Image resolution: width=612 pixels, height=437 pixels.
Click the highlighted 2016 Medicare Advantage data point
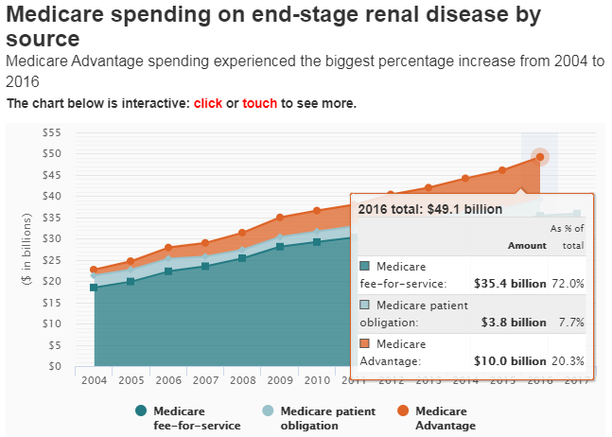point(539,157)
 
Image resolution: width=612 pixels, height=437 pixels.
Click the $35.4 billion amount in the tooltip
point(509,283)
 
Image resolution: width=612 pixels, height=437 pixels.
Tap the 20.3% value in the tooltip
point(568,360)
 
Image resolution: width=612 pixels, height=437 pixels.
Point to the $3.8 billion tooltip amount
point(514,322)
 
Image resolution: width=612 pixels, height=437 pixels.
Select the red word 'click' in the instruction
point(208,102)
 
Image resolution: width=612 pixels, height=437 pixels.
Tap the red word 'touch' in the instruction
point(259,102)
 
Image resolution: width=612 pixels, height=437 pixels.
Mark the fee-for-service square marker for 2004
point(94,288)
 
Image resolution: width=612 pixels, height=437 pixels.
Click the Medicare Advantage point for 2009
point(279,218)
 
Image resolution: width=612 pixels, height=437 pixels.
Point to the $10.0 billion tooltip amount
point(510,360)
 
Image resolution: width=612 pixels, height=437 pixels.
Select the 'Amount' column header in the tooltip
point(527,245)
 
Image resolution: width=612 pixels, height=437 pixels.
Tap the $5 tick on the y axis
point(55,345)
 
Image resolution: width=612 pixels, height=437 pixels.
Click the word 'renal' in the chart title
point(386,15)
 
